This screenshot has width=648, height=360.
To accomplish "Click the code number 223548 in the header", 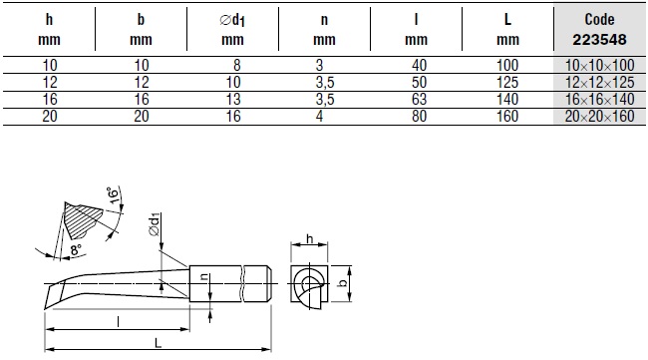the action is tap(599, 40).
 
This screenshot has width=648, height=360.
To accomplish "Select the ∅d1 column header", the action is tap(232, 30).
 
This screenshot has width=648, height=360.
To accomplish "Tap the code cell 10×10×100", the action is tap(599, 65).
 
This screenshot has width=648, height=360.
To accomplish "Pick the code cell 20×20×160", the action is tap(599, 116).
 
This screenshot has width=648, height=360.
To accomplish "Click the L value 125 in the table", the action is tap(507, 82).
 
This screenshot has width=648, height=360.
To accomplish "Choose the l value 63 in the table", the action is tap(419, 99).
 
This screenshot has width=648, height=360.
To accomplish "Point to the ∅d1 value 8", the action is tap(237, 65).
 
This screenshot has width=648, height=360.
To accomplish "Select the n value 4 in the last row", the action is tap(319, 116).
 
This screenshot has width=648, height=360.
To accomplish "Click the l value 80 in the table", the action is tap(419, 116).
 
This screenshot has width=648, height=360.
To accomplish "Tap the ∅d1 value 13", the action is tap(233, 99).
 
